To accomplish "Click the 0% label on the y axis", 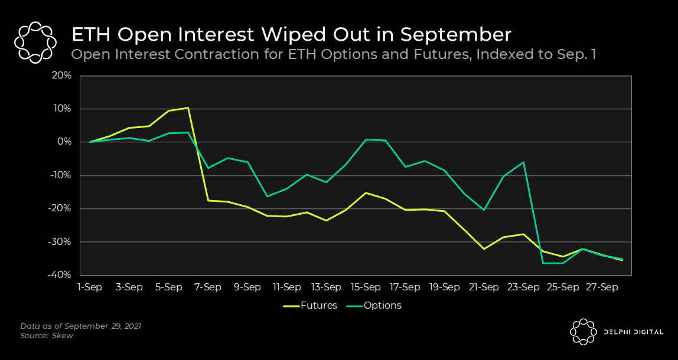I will tap(65, 142).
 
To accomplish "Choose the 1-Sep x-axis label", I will tap(90, 287).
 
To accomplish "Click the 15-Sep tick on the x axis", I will tap(366, 287).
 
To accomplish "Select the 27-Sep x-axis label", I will tap(602, 287).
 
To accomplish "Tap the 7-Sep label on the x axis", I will tap(208, 287).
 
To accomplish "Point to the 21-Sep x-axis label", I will tap(484, 287).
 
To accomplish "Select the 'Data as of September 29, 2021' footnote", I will tap(81, 326).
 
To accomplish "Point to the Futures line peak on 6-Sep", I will tap(188, 108).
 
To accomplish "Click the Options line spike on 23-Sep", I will tap(523, 162).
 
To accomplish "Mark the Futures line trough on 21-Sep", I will tap(484, 249).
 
